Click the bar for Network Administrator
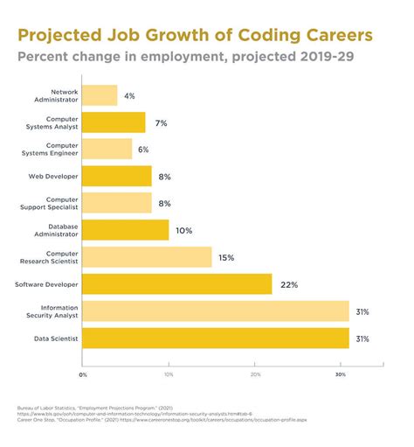[x=100, y=94]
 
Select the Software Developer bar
[x=177, y=284]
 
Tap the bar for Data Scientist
[x=216, y=338]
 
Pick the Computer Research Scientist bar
[x=148, y=257]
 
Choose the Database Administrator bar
[x=126, y=230]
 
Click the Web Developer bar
[x=117, y=176]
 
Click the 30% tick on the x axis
[x=341, y=374]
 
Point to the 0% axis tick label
[x=83, y=374]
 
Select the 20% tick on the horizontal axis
[x=255, y=374]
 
